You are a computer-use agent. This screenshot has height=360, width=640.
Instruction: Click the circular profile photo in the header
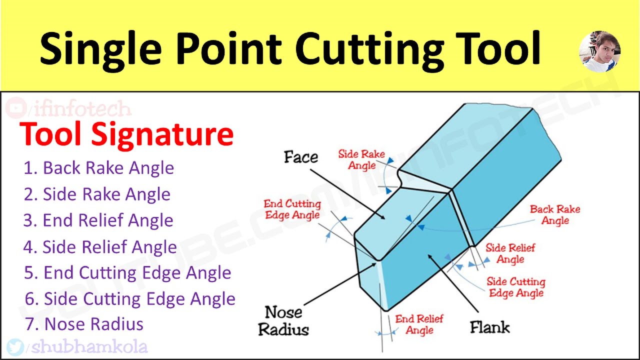[x=599, y=51]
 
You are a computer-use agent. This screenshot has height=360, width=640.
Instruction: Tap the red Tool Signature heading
[x=126, y=133]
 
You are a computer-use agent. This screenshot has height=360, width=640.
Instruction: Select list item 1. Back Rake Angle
[x=99, y=167]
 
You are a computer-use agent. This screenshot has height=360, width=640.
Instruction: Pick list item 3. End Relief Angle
[x=98, y=220]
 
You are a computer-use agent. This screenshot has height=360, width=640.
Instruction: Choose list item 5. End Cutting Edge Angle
[x=127, y=273]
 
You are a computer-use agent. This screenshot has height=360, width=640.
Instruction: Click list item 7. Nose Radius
[x=84, y=324]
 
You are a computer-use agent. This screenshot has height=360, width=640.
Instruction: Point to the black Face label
[x=301, y=157]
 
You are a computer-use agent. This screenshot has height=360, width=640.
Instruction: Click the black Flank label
[x=489, y=327]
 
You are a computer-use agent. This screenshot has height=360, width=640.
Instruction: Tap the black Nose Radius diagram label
[x=283, y=320]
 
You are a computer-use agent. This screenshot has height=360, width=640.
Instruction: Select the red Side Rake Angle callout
[x=361, y=159]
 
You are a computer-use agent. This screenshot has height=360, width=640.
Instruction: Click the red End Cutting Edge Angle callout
[x=292, y=209]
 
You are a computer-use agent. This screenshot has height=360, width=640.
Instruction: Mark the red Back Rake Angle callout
[x=555, y=214]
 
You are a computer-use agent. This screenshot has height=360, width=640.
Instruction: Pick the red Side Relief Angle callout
[x=510, y=253]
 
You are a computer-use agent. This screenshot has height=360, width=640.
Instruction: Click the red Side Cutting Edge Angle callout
[x=516, y=287]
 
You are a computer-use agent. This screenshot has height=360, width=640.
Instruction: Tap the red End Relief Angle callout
[x=419, y=324]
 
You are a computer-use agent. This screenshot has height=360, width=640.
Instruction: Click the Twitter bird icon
[x=15, y=346]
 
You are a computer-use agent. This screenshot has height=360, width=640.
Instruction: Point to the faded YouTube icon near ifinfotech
[x=16, y=108]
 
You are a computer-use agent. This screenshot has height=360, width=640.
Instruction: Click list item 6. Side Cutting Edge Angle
[x=130, y=299]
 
